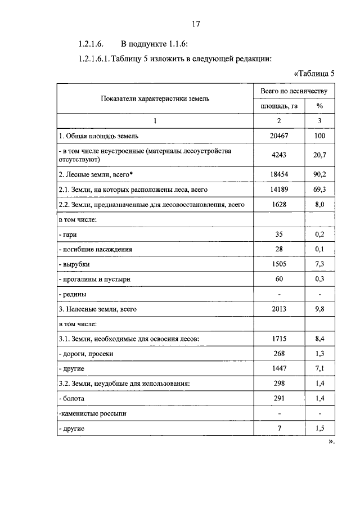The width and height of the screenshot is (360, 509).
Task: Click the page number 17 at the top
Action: pyautogui.click(x=196, y=24)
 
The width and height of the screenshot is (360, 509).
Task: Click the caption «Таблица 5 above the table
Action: pyautogui.click(x=314, y=73)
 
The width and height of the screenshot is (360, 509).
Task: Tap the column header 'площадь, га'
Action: pyautogui.click(x=279, y=106)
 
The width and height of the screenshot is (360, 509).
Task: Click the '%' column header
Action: pyautogui.click(x=319, y=106)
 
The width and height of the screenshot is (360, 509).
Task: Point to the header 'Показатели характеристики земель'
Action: pyautogui.click(x=155, y=98)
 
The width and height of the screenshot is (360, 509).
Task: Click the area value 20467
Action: pyautogui.click(x=279, y=136)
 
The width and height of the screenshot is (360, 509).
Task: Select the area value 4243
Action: pyautogui.click(x=279, y=155)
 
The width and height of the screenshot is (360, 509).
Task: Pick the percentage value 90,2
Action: pyautogui.click(x=319, y=175)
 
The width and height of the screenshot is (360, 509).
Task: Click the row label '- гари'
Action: pyautogui.click(x=68, y=235)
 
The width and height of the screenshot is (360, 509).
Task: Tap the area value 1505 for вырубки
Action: pyautogui.click(x=279, y=264)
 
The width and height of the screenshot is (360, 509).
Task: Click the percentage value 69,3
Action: pyautogui.click(x=319, y=190)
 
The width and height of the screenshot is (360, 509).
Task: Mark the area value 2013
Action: pyautogui.click(x=279, y=309)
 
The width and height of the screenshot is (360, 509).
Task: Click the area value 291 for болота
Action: pyautogui.click(x=279, y=399)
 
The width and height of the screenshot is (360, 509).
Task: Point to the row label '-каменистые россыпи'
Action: pyautogui.click(x=92, y=413)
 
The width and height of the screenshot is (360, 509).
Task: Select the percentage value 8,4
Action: pyautogui.click(x=319, y=339)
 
